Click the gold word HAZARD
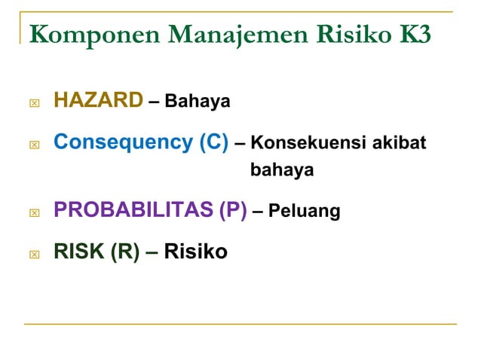coord(98,99)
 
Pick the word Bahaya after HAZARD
coord(197,101)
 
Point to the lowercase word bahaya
coord(282,171)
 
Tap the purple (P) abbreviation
coord(232,210)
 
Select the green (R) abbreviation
coord(125,251)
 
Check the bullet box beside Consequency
coord(33,144)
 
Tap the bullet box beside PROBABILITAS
coord(33,213)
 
